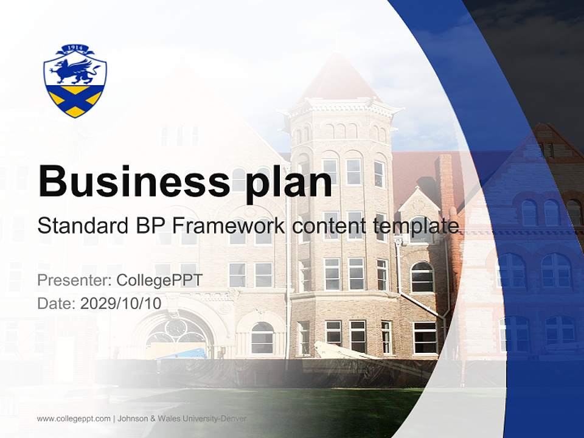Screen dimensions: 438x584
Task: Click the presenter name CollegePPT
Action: pos(159,280)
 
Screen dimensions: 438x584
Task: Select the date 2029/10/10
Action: pos(121,303)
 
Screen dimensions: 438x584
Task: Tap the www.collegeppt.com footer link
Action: pos(74,419)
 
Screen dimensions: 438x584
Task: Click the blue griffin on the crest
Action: pos(75,72)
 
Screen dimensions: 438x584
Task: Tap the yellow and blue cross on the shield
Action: pos(75,100)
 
